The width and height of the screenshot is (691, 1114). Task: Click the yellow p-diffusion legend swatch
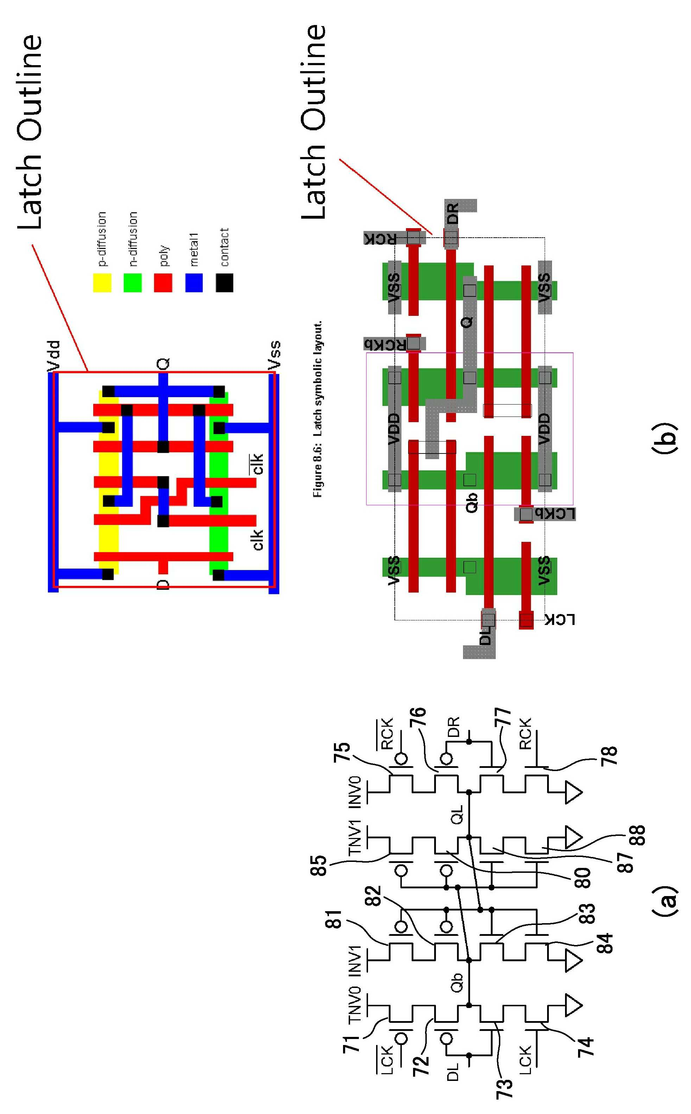[102, 283]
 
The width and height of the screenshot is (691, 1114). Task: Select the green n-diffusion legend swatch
[133, 283]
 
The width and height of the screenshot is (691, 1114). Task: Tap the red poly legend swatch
[163, 283]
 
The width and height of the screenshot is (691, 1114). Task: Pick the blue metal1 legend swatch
[194, 283]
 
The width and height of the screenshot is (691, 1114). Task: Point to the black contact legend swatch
[224, 283]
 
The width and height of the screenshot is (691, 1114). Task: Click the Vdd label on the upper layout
[54, 355]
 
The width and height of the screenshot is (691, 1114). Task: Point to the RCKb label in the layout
[385, 344]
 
